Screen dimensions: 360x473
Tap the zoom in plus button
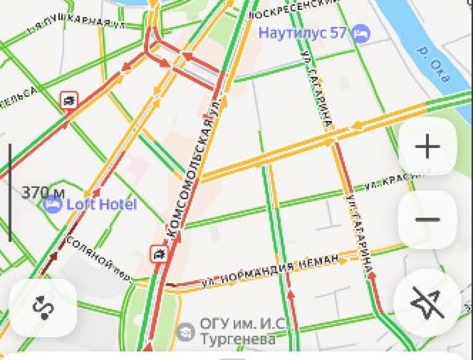point(428,147)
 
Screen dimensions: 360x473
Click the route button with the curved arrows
point(43,308)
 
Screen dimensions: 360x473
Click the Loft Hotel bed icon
point(53,204)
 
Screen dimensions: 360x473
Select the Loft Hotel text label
point(101,204)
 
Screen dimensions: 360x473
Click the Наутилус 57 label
point(302,33)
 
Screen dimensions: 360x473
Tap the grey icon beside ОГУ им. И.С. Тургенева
point(185,332)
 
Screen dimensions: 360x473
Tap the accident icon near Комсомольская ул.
point(159,254)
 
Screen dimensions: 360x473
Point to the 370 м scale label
point(43,193)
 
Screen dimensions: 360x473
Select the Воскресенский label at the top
point(294,9)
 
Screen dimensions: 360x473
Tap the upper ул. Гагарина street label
point(316,91)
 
